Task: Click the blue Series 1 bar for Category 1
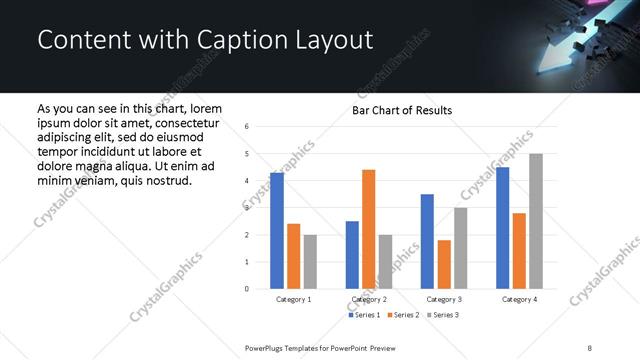pyautogui.click(x=277, y=231)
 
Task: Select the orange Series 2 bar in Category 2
pyautogui.click(x=368, y=229)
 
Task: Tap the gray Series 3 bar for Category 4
pyautogui.click(x=536, y=221)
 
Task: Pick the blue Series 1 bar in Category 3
pyautogui.click(x=427, y=241)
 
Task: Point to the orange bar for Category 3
pyautogui.click(x=444, y=264)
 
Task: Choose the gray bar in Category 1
pyautogui.click(x=310, y=262)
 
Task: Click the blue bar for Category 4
pyautogui.click(x=502, y=228)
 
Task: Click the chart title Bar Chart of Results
pyautogui.click(x=401, y=110)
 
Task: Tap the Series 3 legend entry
pyautogui.click(x=443, y=316)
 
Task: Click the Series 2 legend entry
pyautogui.click(x=404, y=316)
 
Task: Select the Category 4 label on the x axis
pyautogui.click(x=518, y=299)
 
